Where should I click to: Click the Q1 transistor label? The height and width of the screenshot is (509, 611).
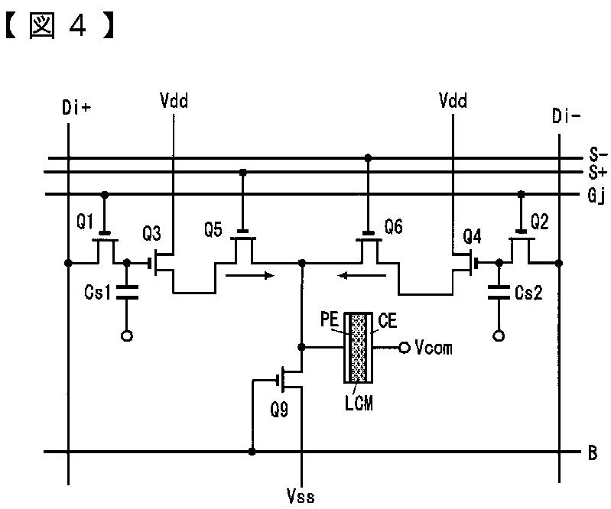[85, 222]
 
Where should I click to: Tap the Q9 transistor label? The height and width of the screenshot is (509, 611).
[279, 410]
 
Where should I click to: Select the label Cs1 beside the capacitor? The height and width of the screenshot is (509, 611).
[97, 292]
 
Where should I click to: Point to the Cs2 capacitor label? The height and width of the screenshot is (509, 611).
[528, 293]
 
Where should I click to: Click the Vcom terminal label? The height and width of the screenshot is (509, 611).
[434, 347]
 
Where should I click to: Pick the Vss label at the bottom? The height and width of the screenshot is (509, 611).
[301, 495]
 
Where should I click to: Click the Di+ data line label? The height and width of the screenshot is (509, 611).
[76, 107]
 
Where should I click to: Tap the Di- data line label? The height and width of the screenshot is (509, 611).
[566, 115]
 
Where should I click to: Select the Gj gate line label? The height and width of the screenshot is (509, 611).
[596, 196]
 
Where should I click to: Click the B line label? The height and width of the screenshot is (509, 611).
[593, 453]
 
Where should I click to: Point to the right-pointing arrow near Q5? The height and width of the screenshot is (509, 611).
[250, 276]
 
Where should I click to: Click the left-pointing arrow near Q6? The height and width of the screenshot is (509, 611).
[362, 276]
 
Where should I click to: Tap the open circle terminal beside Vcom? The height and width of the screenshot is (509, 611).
[405, 348]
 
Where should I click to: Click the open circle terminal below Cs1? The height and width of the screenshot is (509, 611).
[127, 336]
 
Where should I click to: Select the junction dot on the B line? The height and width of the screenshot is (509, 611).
[252, 452]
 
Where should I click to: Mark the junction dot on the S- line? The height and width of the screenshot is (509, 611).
[368, 157]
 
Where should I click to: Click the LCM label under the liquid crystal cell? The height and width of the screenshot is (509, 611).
[359, 403]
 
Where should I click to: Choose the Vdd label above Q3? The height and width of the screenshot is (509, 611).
[174, 100]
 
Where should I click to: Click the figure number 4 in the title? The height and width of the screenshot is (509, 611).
[76, 26]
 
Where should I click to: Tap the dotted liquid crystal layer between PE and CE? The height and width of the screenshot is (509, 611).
[359, 348]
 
